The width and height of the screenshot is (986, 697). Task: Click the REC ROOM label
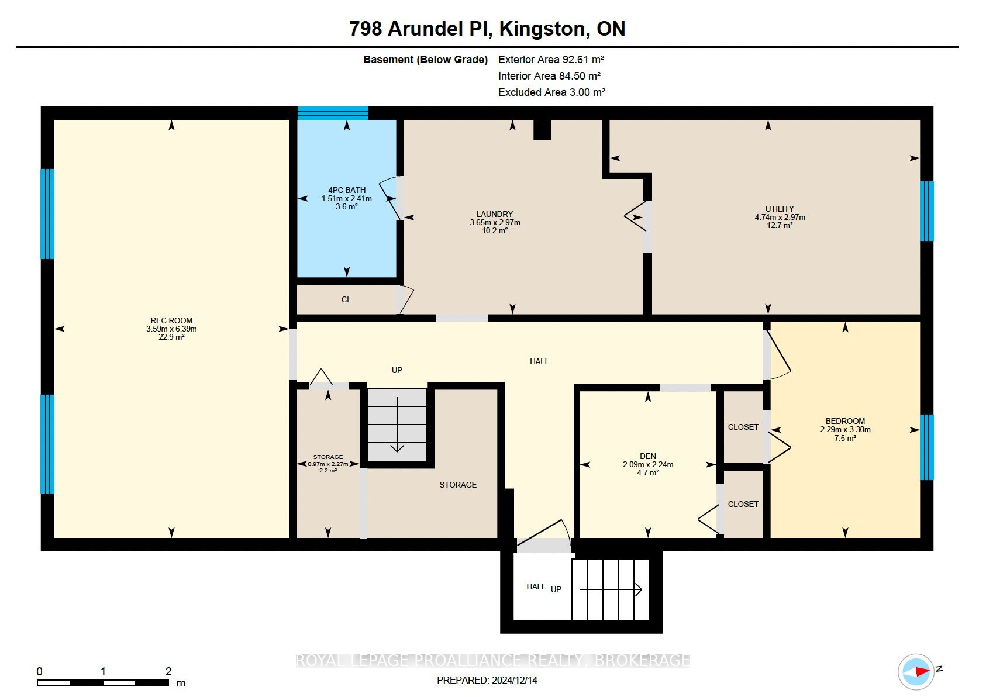click(x=171, y=320)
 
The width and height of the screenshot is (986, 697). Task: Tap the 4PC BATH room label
click(x=347, y=190)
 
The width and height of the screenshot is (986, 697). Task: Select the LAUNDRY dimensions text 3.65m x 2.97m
click(x=495, y=222)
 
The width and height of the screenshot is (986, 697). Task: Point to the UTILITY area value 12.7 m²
click(x=780, y=225)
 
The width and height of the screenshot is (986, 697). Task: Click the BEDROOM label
click(x=845, y=421)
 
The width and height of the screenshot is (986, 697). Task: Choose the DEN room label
click(x=648, y=456)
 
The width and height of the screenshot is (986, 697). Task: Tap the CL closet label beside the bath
click(x=346, y=299)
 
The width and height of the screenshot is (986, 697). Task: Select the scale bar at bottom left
click(x=103, y=682)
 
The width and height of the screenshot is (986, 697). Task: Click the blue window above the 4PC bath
click(x=333, y=113)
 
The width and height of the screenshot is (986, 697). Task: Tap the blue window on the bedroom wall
click(x=926, y=447)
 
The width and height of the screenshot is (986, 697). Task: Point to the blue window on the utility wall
click(x=926, y=211)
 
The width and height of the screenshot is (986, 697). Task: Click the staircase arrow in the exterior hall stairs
click(x=611, y=589)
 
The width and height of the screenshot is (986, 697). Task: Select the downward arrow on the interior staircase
click(x=397, y=425)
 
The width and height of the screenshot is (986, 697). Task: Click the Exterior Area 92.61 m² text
click(x=551, y=60)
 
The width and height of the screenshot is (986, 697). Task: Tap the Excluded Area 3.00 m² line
click(x=551, y=92)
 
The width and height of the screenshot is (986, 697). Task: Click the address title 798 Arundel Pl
click(x=421, y=29)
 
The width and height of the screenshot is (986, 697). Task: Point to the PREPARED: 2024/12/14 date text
click(x=487, y=680)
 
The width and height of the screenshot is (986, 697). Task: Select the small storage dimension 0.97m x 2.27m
click(x=328, y=464)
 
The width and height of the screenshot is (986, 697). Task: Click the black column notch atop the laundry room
click(x=542, y=130)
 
